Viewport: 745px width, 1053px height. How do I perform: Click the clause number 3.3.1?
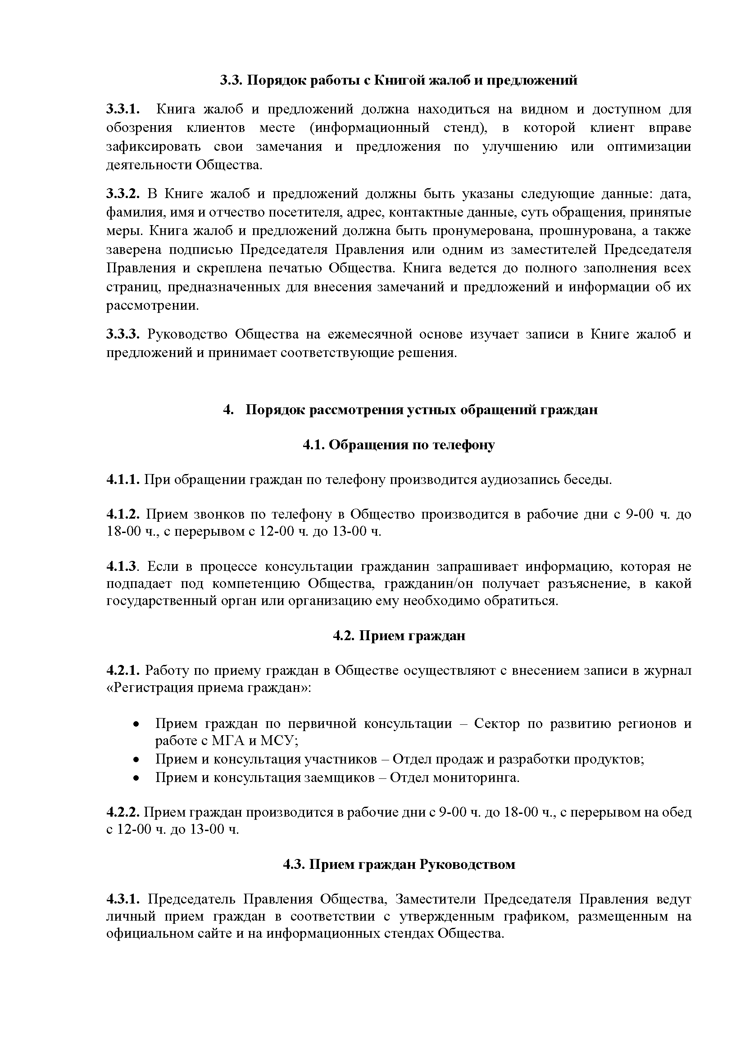click(123, 109)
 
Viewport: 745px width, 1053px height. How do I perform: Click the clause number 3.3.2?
click(123, 194)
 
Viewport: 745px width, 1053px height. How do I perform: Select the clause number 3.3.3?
click(123, 334)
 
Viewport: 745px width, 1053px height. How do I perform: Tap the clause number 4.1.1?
click(123, 480)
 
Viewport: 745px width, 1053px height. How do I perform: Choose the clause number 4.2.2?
click(123, 813)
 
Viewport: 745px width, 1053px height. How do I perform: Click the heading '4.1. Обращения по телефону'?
click(399, 445)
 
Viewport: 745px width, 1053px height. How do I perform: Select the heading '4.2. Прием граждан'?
click(399, 636)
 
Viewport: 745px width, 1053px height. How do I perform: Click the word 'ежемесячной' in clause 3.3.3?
click(369, 334)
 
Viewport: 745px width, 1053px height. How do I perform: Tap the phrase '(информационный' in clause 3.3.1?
click(369, 128)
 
